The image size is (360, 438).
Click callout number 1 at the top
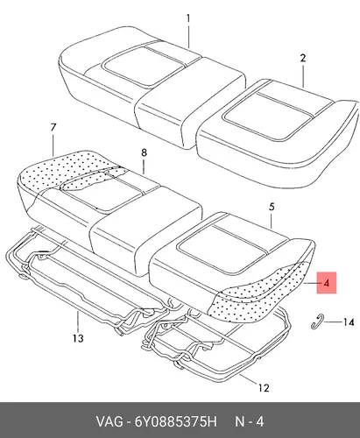188,18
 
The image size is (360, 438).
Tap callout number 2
303,58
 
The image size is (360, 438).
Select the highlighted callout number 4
327,283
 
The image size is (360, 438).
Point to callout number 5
272,207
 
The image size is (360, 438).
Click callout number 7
53,128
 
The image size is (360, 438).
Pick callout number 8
144,152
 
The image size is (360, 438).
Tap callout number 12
264,388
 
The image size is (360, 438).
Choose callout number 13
78,338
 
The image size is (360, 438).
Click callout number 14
349,322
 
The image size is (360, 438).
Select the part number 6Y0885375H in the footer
175,422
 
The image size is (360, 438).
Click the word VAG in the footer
109,422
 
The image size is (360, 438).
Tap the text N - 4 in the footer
250,422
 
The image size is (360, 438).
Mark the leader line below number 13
78,321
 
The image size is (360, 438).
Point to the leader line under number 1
188,37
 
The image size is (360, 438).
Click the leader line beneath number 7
53,145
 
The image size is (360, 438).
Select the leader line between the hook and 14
332,321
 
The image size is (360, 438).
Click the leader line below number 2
303,76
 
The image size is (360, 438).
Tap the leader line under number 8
144,166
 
